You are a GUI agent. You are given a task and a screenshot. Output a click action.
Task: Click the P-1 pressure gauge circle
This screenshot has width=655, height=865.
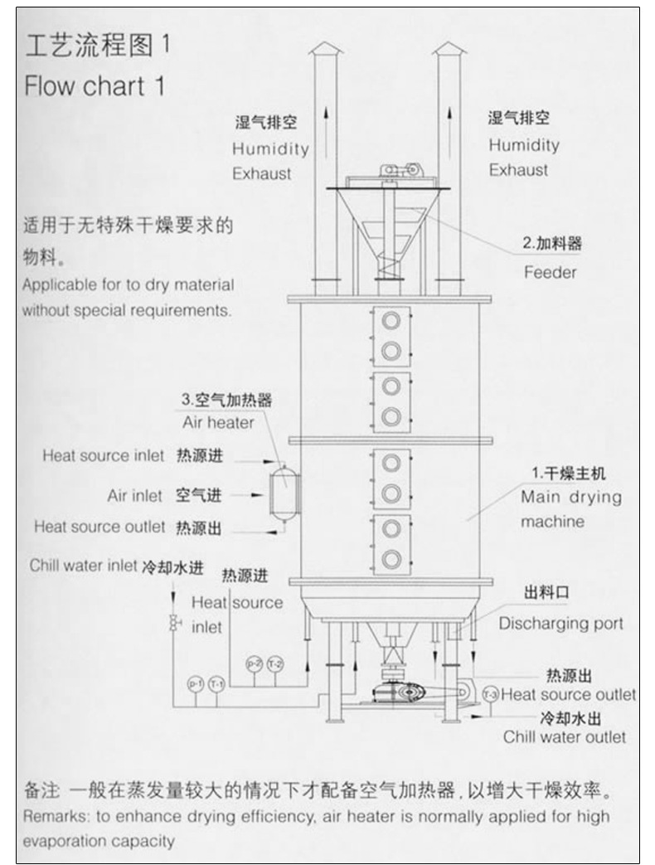coord(196,684)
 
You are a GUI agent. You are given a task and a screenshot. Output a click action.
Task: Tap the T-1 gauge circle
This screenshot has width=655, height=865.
coord(216,684)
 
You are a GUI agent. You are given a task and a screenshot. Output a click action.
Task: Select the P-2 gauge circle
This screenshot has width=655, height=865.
coord(254,663)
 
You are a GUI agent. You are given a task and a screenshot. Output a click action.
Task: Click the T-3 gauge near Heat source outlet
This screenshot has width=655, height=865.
coord(490,693)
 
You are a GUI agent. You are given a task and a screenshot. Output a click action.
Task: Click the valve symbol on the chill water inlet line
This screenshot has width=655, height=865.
coord(174,624)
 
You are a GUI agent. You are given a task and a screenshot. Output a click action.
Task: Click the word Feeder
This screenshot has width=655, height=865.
coord(549,272)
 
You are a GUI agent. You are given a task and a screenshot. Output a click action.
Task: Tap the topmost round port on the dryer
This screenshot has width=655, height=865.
coord(391,320)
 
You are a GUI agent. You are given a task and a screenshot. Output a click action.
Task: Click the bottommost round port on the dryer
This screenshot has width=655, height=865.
coord(391,556)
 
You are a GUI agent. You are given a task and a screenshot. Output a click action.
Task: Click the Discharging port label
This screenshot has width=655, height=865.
coord(560,624)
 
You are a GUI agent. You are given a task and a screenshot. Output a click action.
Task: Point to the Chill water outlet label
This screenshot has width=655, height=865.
coord(565,736)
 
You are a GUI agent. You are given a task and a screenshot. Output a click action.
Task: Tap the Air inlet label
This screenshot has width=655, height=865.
coord(134,495)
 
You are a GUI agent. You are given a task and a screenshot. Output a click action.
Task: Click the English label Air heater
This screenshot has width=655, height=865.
coord(218,422)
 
